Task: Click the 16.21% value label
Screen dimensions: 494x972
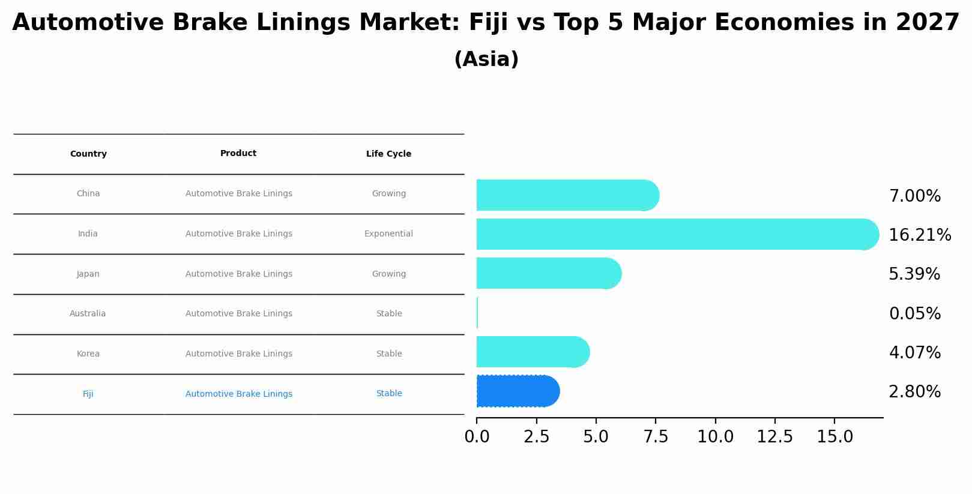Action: coord(919,235)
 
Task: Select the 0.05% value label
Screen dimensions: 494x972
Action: coord(914,314)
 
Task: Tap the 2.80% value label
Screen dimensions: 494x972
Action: coord(914,392)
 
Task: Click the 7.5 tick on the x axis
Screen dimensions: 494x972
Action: coord(656,437)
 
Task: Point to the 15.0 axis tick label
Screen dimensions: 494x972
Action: coord(835,437)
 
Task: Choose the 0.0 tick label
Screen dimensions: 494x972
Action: coord(477,437)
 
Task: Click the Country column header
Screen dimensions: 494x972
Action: coord(88,154)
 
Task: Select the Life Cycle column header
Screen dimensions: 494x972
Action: coord(388,154)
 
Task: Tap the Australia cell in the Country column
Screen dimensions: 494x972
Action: coord(88,314)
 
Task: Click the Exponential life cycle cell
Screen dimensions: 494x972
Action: coord(388,234)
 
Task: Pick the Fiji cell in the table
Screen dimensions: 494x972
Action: coord(88,394)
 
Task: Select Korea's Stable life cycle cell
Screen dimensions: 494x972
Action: coord(388,354)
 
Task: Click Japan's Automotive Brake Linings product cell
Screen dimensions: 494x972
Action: coord(238,274)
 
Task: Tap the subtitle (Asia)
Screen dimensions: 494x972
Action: coord(486,59)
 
